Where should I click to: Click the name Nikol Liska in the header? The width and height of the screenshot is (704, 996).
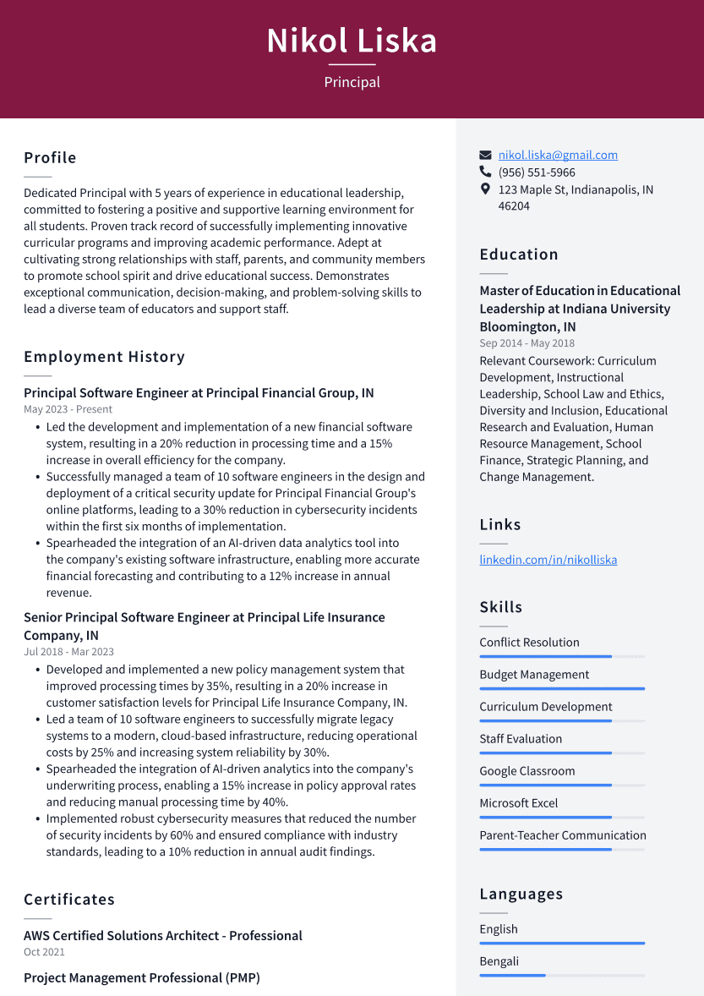pos(352,41)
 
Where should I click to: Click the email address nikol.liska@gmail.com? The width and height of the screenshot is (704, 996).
pos(558,155)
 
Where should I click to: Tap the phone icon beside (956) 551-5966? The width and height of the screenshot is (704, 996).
pos(485,172)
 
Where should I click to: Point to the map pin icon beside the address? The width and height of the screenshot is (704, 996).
pos(485,189)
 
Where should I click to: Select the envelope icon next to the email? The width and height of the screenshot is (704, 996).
pos(485,156)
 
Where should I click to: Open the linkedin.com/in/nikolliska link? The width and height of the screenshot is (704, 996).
pos(548,560)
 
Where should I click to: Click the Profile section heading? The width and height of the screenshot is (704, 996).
pos(50,158)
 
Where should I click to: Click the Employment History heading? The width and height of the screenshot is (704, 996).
pos(104,357)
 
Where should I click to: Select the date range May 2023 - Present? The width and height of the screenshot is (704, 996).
pos(68,409)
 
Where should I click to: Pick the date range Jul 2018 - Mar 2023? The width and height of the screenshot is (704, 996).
pos(68,652)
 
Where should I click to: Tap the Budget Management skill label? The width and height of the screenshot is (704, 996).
pos(534,675)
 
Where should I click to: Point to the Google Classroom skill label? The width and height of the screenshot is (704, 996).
pos(527,771)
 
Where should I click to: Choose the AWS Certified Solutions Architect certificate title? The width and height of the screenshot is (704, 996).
pos(163,936)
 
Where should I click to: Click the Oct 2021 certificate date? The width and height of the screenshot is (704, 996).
pos(44,952)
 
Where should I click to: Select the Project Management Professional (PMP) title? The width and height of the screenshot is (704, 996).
pos(141,978)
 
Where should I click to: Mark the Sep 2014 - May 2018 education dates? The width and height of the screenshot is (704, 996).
pos(527,343)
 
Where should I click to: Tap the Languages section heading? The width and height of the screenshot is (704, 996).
pos(521,895)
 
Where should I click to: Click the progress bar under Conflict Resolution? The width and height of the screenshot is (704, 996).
pos(561,656)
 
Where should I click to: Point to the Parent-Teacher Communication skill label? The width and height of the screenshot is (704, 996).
pos(562,835)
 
